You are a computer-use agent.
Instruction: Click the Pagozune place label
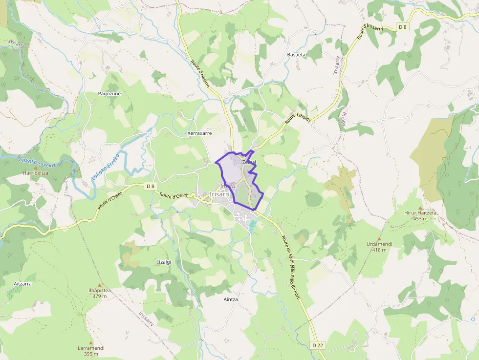[109, 93]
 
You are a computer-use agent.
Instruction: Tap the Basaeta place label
[296, 54]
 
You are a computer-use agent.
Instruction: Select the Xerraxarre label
[199, 133]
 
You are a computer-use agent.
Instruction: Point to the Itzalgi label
[164, 262]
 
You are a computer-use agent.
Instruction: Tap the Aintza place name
[230, 299]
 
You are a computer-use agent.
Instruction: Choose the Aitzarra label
[23, 283]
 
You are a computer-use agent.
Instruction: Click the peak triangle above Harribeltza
[36, 168]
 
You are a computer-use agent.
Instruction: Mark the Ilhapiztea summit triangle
[100, 285]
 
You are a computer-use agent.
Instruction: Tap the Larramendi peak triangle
[91, 342]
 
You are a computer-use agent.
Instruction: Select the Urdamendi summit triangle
[379, 238]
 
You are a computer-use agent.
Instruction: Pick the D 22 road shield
[317, 345]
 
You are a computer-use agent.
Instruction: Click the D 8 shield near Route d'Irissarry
[402, 27]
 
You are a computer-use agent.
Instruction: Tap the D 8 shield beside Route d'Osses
[150, 186]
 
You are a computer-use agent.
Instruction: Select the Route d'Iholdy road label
[300, 118]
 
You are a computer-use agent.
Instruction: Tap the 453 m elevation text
[420, 219]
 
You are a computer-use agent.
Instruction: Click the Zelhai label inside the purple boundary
[249, 162]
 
